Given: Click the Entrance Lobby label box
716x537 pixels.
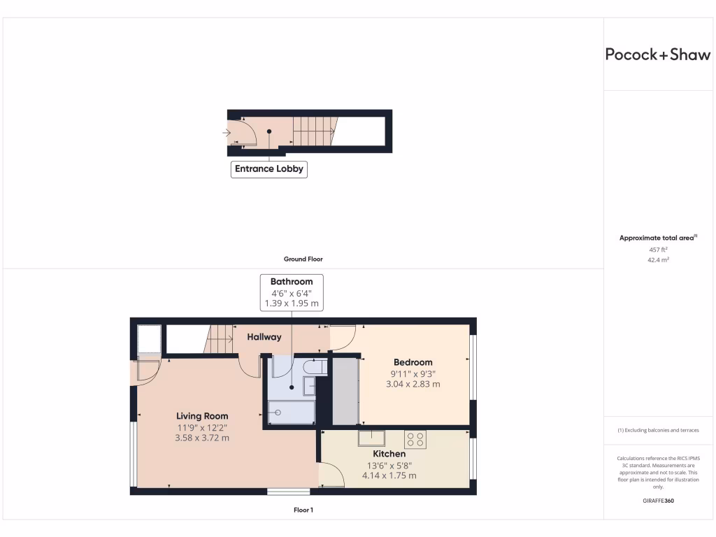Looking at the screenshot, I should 269,169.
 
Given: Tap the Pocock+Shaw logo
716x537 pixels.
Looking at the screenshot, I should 657,55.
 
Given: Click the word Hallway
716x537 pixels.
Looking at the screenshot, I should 264,337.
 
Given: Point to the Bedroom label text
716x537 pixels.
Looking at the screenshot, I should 413,362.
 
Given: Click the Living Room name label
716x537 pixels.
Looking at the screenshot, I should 202,416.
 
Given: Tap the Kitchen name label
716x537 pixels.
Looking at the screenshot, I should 389,454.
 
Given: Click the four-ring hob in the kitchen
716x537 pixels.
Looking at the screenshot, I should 415,439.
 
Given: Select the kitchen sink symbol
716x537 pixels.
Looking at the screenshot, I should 371,438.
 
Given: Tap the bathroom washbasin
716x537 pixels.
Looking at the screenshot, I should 308,385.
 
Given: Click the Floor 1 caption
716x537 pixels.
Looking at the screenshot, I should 303,510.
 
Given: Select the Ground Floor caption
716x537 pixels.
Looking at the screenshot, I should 303,259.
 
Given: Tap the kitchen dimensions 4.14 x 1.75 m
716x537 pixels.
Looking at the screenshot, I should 389,475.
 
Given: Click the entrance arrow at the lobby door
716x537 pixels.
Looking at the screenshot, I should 226,132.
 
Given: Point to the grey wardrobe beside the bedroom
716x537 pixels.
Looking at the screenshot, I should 345,391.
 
